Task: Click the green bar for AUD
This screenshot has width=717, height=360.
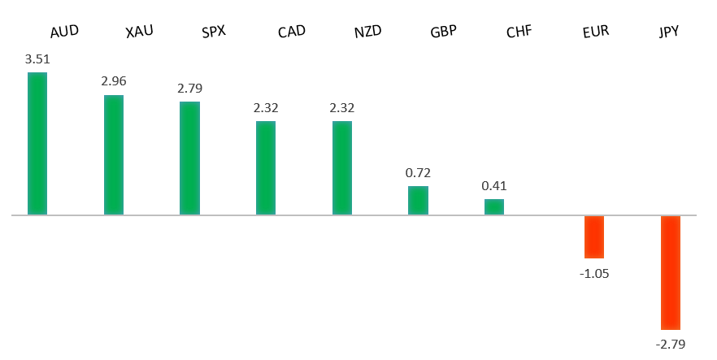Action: tap(37, 144)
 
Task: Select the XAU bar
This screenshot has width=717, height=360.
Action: tap(114, 155)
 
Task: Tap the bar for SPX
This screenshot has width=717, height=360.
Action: tap(189, 158)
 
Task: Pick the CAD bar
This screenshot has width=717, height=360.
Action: tap(266, 168)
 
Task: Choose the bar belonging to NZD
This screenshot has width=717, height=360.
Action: tap(342, 168)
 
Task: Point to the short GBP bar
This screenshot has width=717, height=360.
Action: tap(418, 201)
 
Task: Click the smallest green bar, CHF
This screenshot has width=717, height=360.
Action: tap(494, 207)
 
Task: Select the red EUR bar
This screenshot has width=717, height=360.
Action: tap(594, 236)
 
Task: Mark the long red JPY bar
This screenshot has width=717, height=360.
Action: tap(670, 272)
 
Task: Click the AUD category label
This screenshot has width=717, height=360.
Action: tap(64, 33)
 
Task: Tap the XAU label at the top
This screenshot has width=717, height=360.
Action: tap(140, 33)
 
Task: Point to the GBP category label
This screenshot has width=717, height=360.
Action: tap(444, 33)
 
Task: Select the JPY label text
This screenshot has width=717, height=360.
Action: tap(669, 33)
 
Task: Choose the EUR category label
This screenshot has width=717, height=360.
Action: tap(596, 33)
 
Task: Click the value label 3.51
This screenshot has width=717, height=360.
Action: tap(37, 59)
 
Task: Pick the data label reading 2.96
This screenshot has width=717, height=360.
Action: tap(114, 81)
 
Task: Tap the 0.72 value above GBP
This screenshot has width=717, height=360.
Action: tap(418, 172)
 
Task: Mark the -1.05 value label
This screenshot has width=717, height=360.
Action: tap(594, 274)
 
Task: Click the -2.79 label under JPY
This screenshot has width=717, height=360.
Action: tap(670, 345)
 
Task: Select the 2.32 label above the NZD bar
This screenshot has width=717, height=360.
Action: tap(342, 107)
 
